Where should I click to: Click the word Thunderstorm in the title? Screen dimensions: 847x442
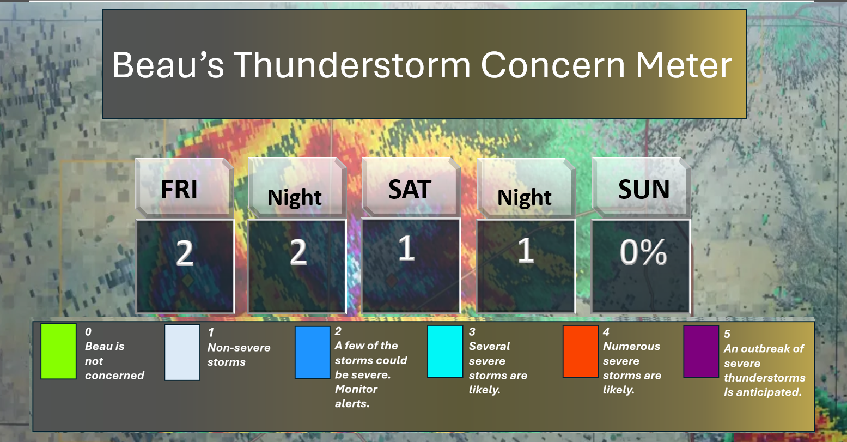(352, 65)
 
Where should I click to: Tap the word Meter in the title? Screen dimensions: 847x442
(683, 65)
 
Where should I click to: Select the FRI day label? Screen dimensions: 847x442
(179, 189)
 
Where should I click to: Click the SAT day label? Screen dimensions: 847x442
(410, 189)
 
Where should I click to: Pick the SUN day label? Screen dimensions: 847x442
(644, 189)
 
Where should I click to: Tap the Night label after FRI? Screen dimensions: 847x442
(295, 197)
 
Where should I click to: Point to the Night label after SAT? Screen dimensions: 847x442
(525, 197)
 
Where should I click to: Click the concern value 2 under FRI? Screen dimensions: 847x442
(185, 253)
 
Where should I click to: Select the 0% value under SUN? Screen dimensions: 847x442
(643, 252)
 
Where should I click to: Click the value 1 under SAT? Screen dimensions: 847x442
(407, 248)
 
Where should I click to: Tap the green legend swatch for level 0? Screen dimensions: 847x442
(59, 351)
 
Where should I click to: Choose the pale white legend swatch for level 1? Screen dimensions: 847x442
(182, 352)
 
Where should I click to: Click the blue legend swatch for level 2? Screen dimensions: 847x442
(312, 352)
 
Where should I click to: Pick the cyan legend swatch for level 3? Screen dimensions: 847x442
(445, 351)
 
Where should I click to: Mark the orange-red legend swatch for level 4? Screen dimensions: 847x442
(581, 351)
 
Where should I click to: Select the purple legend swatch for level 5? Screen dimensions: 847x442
(701, 351)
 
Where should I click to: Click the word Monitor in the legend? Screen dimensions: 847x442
(356, 389)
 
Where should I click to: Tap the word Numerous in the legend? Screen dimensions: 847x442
(631, 346)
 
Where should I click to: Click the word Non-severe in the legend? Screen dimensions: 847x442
(239, 348)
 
